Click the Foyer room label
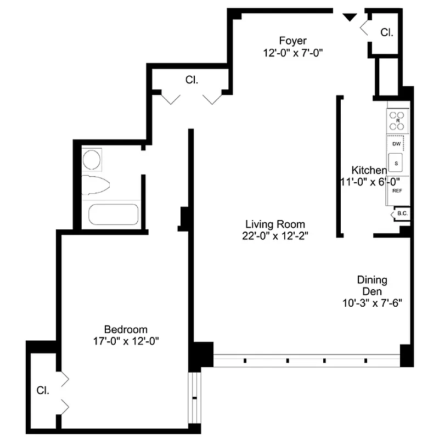(x=292, y=41)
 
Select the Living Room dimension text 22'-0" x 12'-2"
(x=275, y=237)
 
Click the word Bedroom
(x=126, y=329)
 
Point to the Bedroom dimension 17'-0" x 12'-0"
(x=126, y=341)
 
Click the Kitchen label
(x=369, y=170)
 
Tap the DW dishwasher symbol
(x=397, y=144)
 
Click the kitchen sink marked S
(x=396, y=163)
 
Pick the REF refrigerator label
(x=397, y=190)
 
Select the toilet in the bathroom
(x=94, y=184)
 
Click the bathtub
(x=114, y=215)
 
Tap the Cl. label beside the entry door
(x=387, y=32)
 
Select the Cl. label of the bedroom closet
(x=43, y=391)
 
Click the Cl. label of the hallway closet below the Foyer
(x=192, y=80)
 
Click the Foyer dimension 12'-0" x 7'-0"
(x=292, y=53)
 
